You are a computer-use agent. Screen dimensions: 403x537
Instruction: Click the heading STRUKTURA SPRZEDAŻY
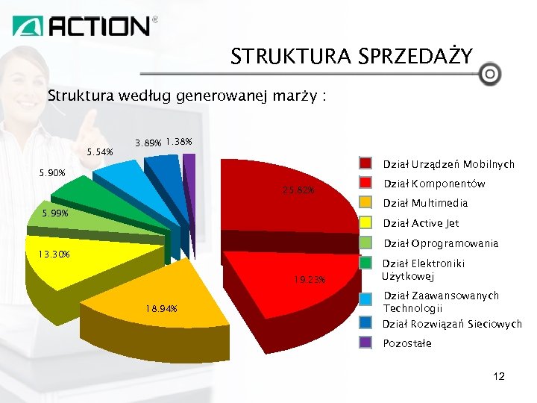351,57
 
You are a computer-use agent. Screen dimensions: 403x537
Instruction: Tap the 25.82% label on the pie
298,190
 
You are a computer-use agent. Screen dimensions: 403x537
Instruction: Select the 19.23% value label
309,280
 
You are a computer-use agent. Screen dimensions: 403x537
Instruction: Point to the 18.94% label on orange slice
161,309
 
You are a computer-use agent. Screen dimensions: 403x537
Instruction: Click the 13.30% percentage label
54,254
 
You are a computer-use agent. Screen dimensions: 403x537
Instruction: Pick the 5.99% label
55,213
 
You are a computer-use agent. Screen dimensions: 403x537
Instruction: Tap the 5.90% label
52,173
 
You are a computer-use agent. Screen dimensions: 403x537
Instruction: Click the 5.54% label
100,152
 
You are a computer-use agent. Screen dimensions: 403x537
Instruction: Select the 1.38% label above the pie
180,141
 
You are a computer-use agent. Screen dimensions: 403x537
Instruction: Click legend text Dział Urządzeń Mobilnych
448,164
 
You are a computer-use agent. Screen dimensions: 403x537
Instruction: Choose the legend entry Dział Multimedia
425,203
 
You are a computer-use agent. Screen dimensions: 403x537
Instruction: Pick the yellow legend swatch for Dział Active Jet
365,222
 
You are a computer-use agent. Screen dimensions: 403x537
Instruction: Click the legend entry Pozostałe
406,343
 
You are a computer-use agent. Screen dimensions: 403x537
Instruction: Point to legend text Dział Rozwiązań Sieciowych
452,324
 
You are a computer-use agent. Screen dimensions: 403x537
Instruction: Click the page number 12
499,377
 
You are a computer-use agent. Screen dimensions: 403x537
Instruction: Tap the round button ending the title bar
489,75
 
